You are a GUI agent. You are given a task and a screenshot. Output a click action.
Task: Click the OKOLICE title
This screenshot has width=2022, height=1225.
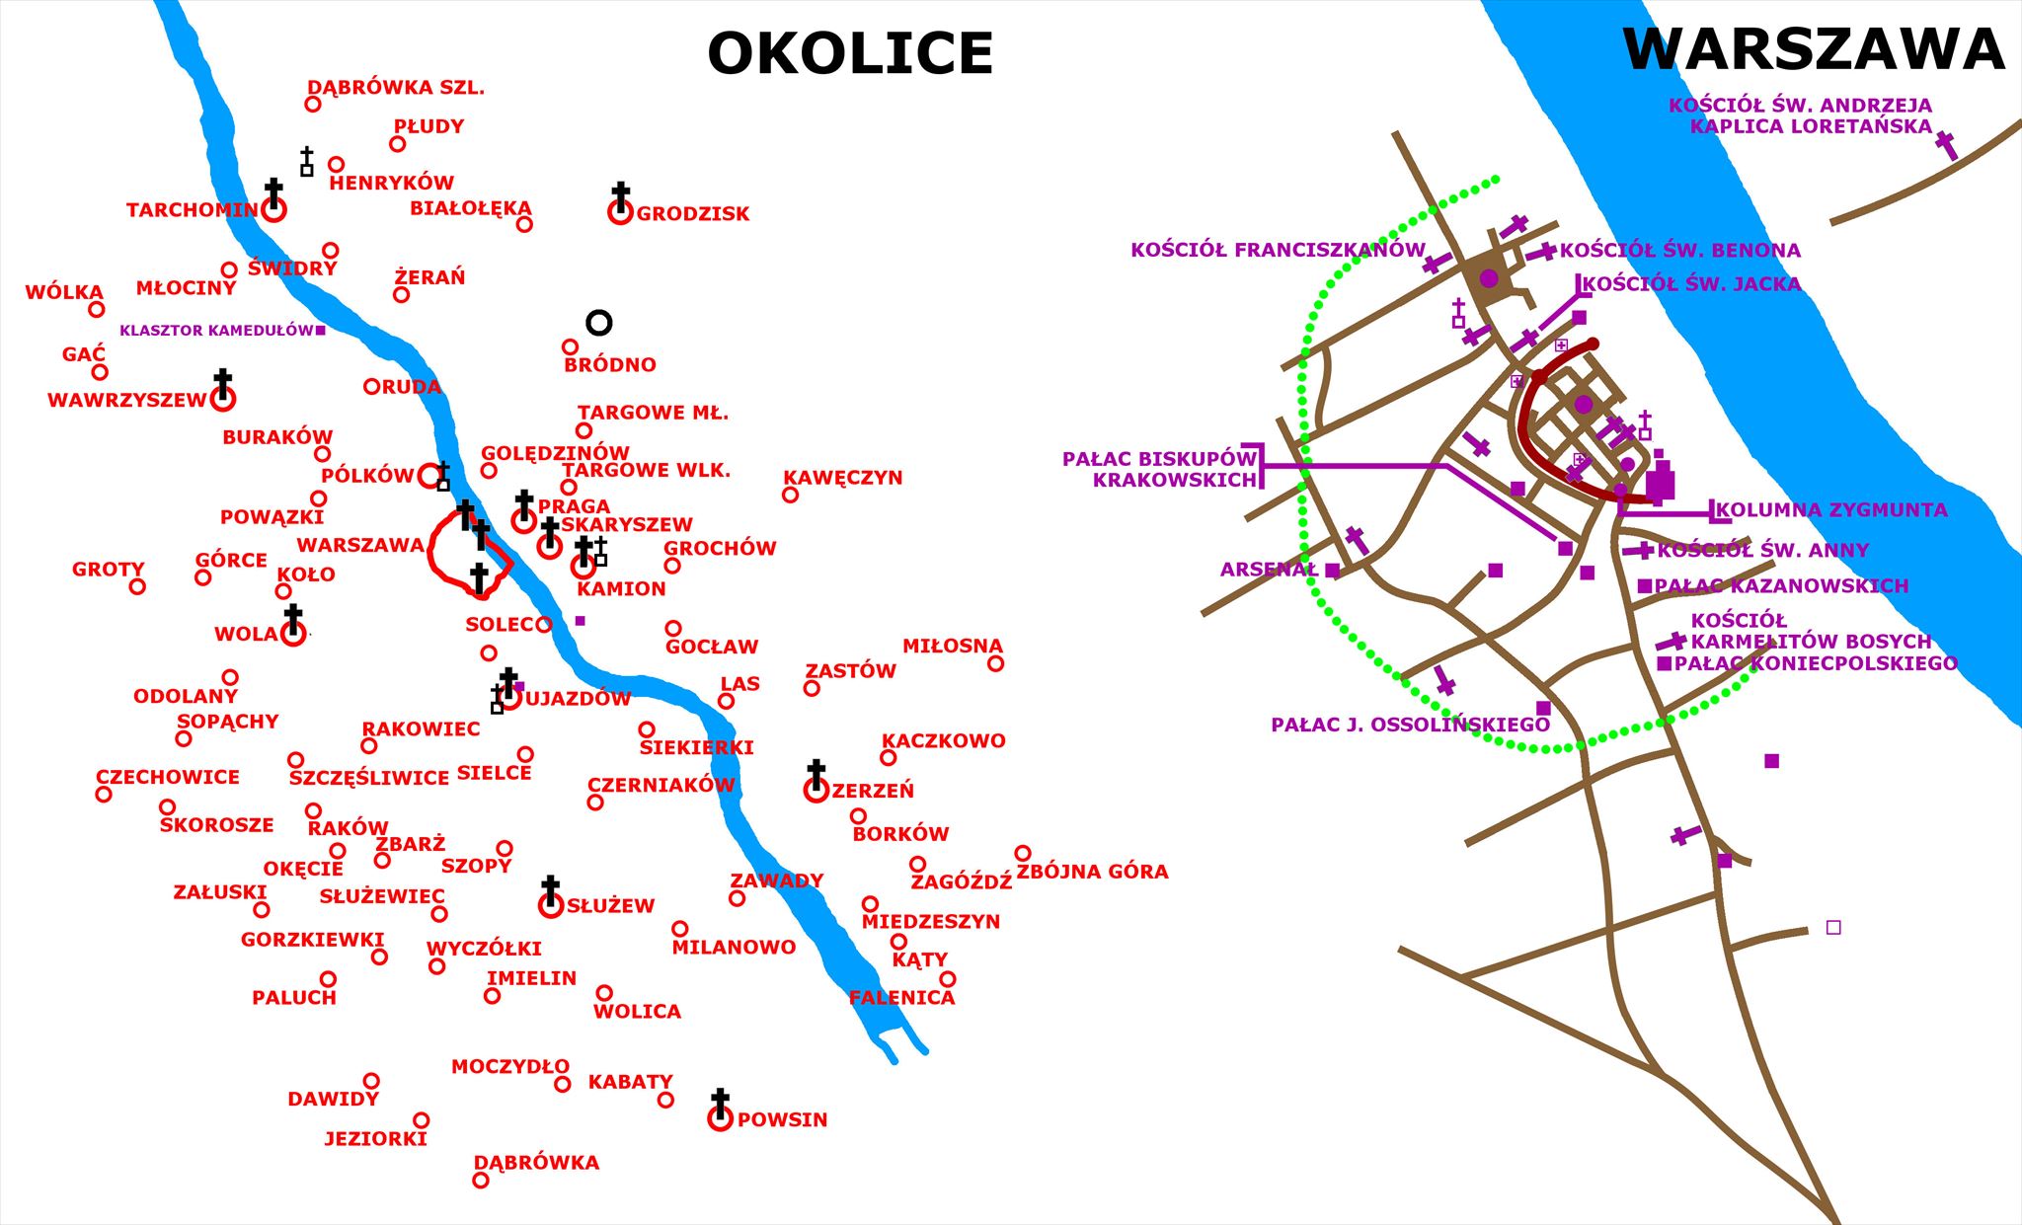(850, 53)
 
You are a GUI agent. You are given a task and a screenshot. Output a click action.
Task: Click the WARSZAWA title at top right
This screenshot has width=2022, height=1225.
(1814, 49)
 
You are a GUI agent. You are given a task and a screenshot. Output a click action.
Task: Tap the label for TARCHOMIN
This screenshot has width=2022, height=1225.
(193, 210)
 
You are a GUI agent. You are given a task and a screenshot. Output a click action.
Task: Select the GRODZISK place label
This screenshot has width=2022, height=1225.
(693, 213)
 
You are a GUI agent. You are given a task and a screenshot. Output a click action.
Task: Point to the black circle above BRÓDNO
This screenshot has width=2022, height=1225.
(599, 323)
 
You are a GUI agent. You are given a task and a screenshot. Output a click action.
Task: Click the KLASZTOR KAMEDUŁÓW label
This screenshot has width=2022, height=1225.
(216, 331)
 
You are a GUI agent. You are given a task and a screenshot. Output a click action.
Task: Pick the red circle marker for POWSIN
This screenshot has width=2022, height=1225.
(721, 1119)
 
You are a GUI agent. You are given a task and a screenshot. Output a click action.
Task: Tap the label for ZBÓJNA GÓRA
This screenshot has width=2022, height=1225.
(1092, 872)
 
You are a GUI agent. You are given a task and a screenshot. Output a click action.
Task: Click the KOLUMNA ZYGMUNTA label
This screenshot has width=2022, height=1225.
(1831, 510)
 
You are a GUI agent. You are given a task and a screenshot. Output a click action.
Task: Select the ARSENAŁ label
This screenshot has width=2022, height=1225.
(1269, 570)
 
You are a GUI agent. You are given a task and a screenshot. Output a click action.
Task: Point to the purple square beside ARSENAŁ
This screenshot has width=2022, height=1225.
(1332, 571)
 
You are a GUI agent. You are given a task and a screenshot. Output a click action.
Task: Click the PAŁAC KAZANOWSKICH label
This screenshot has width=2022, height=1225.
(1781, 586)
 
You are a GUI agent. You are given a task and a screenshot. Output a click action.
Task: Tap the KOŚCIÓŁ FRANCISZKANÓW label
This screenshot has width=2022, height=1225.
(1278, 250)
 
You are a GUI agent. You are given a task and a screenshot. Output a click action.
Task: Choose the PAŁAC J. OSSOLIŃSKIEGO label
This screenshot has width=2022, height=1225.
(1410, 726)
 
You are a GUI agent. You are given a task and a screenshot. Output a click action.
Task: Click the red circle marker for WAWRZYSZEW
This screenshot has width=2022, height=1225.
(223, 400)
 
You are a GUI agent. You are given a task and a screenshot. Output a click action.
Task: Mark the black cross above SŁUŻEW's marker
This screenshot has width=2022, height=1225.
(551, 886)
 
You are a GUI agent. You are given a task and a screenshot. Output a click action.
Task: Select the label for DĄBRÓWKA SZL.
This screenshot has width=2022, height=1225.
(396, 88)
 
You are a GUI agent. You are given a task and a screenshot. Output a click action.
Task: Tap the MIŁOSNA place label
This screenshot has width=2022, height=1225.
(952, 647)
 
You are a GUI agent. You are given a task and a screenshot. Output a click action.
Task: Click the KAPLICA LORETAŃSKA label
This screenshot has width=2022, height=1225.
(1811, 126)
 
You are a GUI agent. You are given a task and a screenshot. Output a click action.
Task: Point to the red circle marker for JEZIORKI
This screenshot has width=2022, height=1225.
(422, 1120)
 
